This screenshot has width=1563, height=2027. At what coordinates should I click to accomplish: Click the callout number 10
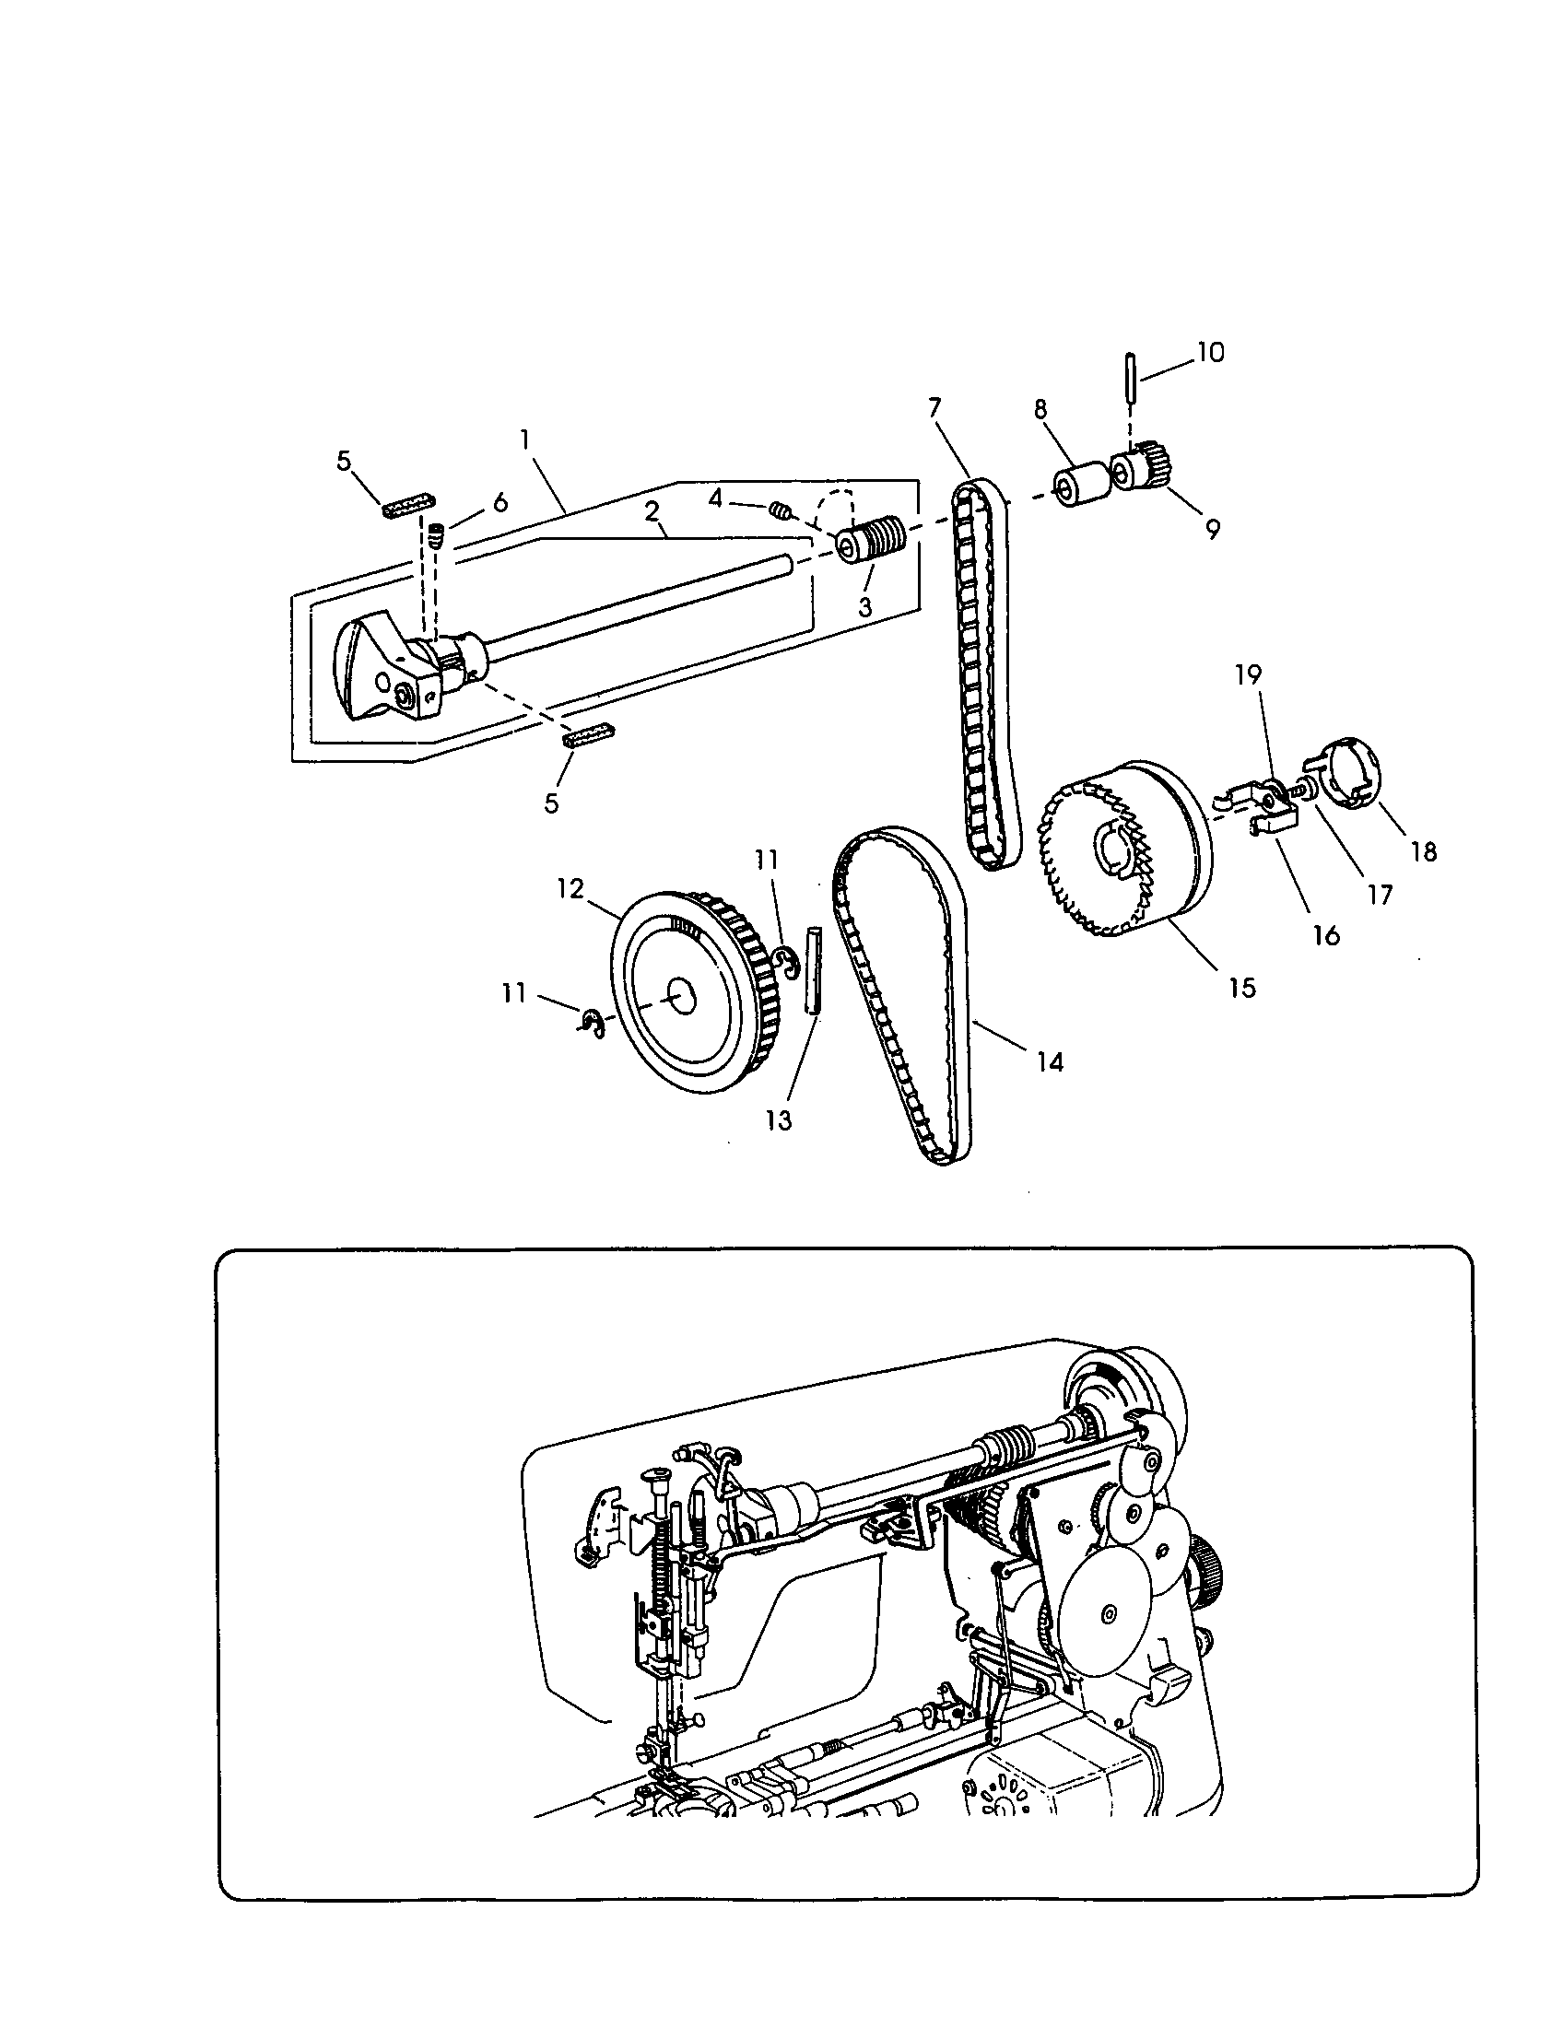click(x=1210, y=353)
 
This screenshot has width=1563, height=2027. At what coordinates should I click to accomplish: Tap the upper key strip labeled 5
click(x=408, y=504)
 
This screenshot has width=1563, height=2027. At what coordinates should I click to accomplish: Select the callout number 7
click(x=934, y=406)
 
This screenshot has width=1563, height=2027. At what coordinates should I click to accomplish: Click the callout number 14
click(x=1050, y=1060)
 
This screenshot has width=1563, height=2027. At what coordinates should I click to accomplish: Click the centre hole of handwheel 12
click(x=684, y=999)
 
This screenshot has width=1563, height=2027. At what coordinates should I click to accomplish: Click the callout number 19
click(x=1249, y=674)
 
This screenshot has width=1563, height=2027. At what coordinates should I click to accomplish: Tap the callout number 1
click(x=525, y=438)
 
